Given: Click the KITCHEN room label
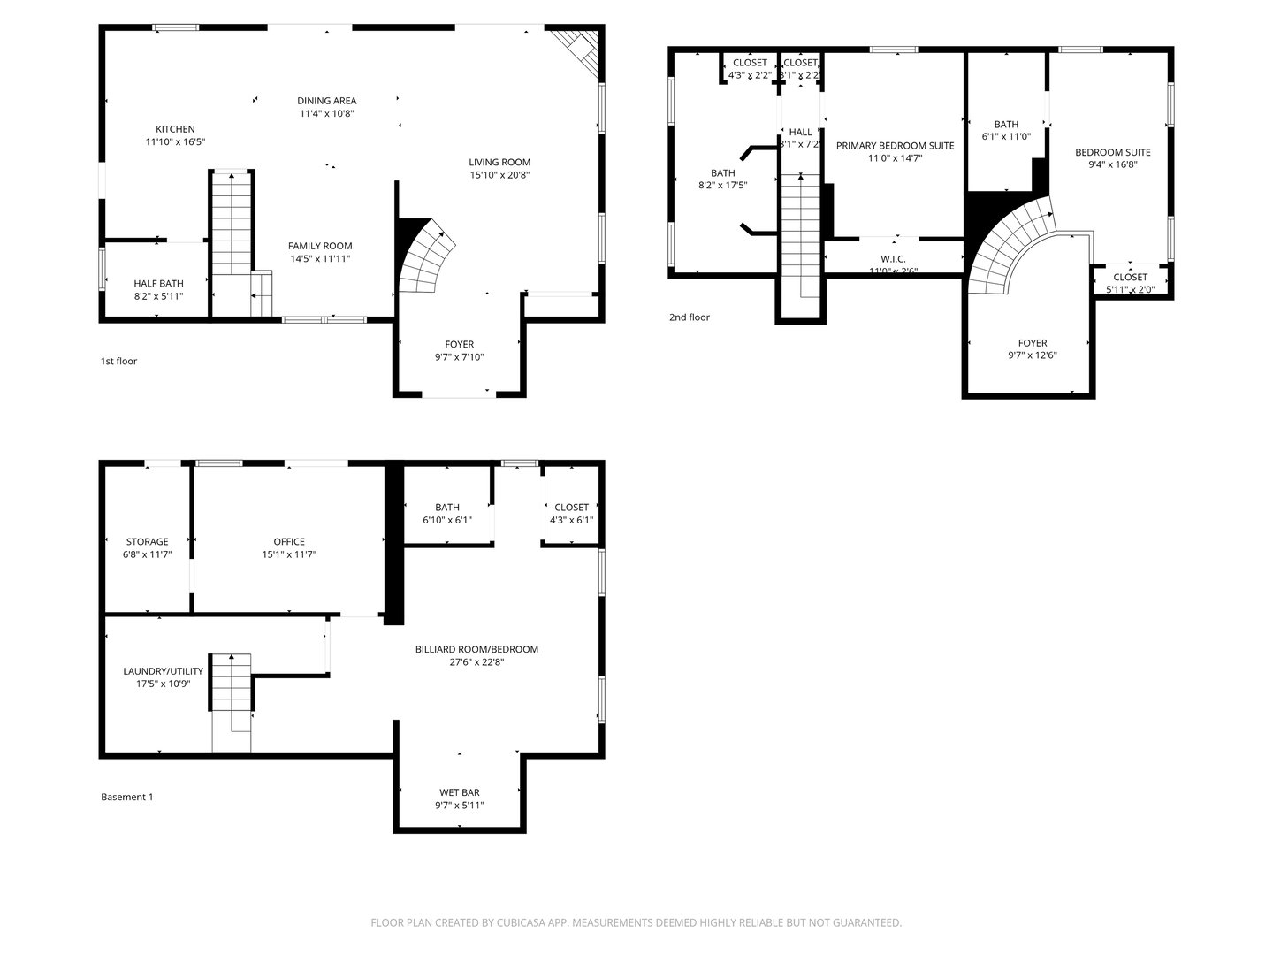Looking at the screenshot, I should pyautogui.click(x=175, y=129).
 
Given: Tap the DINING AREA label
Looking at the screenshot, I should pyautogui.click(x=326, y=101).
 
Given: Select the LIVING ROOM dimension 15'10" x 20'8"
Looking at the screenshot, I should pyautogui.click(x=499, y=175).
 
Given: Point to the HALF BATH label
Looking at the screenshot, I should pyautogui.click(x=158, y=283).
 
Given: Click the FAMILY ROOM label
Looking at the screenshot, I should pyautogui.click(x=320, y=246).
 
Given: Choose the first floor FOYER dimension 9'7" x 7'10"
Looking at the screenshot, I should pyautogui.click(x=459, y=357).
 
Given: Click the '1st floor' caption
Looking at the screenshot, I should pyautogui.click(x=118, y=361).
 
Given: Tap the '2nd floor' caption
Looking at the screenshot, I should pyautogui.click(x=689, y=317).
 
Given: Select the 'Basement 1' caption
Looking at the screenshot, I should pyautogui.click(x=126, y=797).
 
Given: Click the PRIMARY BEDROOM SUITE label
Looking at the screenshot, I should pyautogui.click(x=895, y=145).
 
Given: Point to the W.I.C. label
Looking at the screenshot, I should pyautogui.click(x=893, y=259).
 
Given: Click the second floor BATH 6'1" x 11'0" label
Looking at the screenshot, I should pyautogui.click(x=1006, y=125).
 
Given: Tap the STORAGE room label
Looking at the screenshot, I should pyautogui.click(x=147, y=541).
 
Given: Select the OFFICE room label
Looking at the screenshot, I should pyautogui.click(x=289, y=541).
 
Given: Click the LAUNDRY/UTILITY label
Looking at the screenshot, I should pyautogui.click(x=163, y=670).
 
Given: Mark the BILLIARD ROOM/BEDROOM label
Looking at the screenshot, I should pyautogui.click(x=476, y=649).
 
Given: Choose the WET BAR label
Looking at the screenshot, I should pyautogui.click(x=459, y=792).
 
